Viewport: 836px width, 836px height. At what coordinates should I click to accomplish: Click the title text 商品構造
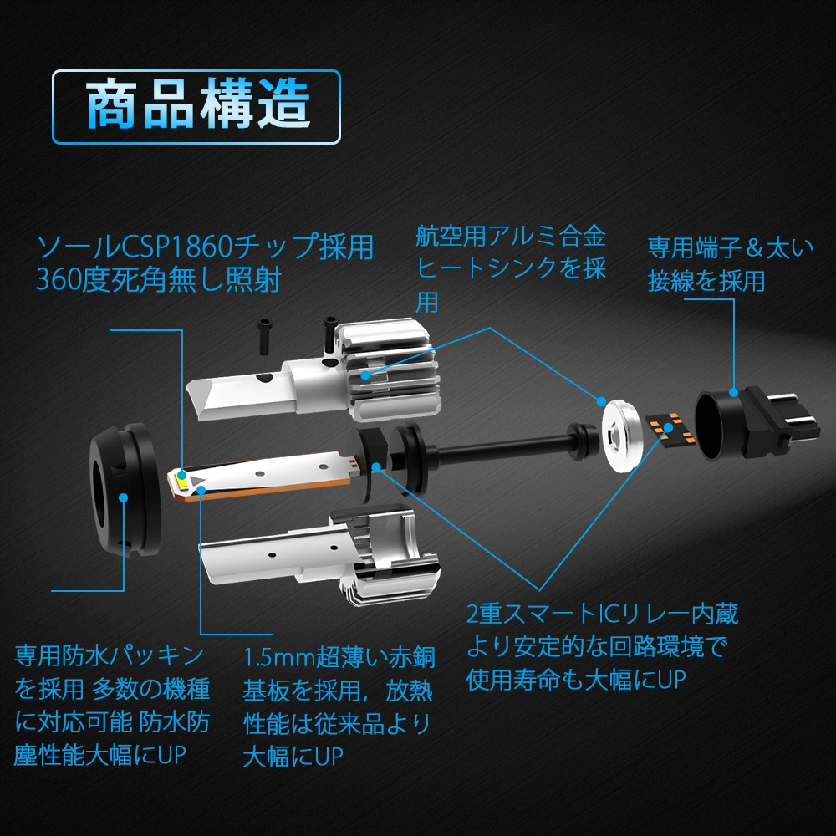click(x=197, y=104)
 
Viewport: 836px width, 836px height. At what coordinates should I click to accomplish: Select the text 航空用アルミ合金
click(x=511, y=237)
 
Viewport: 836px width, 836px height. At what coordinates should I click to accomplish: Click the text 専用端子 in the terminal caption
click(x=696, y=248)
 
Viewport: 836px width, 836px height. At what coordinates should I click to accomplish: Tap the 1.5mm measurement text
click(x=279, y=658)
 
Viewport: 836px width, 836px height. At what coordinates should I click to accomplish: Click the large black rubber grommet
click(x=125, y=489)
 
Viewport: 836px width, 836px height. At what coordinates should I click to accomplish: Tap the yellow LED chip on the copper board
click(x=181, y=482)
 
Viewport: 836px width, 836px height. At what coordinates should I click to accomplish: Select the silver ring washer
click(x=620, y=436)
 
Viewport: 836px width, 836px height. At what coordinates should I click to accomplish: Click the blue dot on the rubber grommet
click(x=123, y=497)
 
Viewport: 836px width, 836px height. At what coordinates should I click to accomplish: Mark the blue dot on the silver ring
click(x=601, y=401)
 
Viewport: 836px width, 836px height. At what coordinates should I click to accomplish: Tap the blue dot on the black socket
click(x=734, y=392)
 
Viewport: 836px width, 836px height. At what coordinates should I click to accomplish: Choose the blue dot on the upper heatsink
click(x=365, y=375)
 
